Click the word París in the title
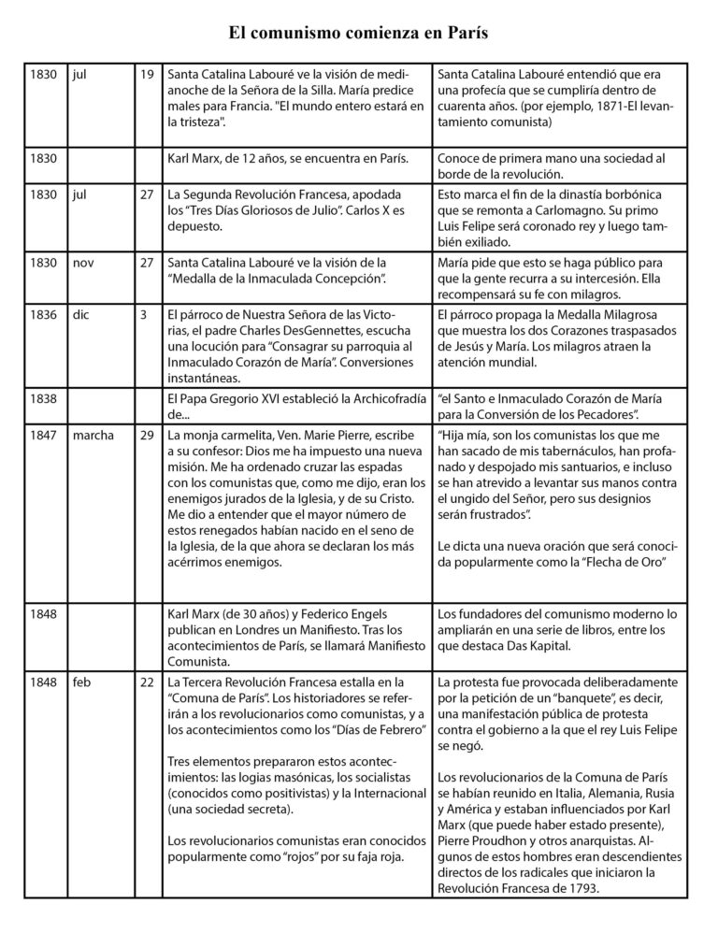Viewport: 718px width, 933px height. click(461, 34)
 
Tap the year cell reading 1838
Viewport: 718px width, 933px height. click(44, 397)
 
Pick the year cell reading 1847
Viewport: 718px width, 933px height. click(44, 435)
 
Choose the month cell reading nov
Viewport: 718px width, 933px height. click(83, 263)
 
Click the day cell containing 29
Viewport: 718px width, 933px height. click(147, 435)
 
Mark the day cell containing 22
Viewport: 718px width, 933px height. click(147, 682)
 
